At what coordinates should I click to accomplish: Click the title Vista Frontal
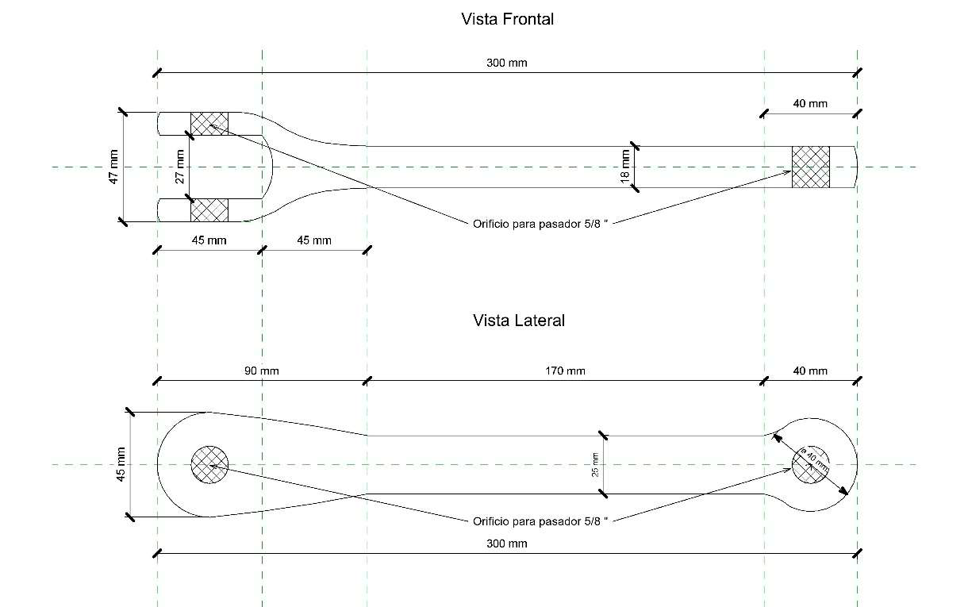[507, 19]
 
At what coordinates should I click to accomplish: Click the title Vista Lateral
[519, 321]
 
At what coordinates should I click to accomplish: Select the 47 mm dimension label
[113, 167]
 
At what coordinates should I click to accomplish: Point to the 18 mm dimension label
[624, 167]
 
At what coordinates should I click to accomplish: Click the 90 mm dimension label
[261, 371]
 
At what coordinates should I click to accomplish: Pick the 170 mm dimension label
[566, 371]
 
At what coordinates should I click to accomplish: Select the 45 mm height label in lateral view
[121, 464]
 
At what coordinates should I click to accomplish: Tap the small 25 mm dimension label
[594, 464]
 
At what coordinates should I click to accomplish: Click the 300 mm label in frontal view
[507, 63]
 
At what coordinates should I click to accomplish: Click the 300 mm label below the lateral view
[507, 544]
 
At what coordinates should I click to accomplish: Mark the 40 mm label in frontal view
[810, 103]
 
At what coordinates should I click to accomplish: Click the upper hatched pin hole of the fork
[209, 124]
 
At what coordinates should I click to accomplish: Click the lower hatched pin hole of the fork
[209, 209]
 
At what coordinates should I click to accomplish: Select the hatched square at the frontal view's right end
[811, 167]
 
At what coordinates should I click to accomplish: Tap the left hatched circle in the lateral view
[210, 464]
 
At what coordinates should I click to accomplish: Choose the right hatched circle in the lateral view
[811, 464]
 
